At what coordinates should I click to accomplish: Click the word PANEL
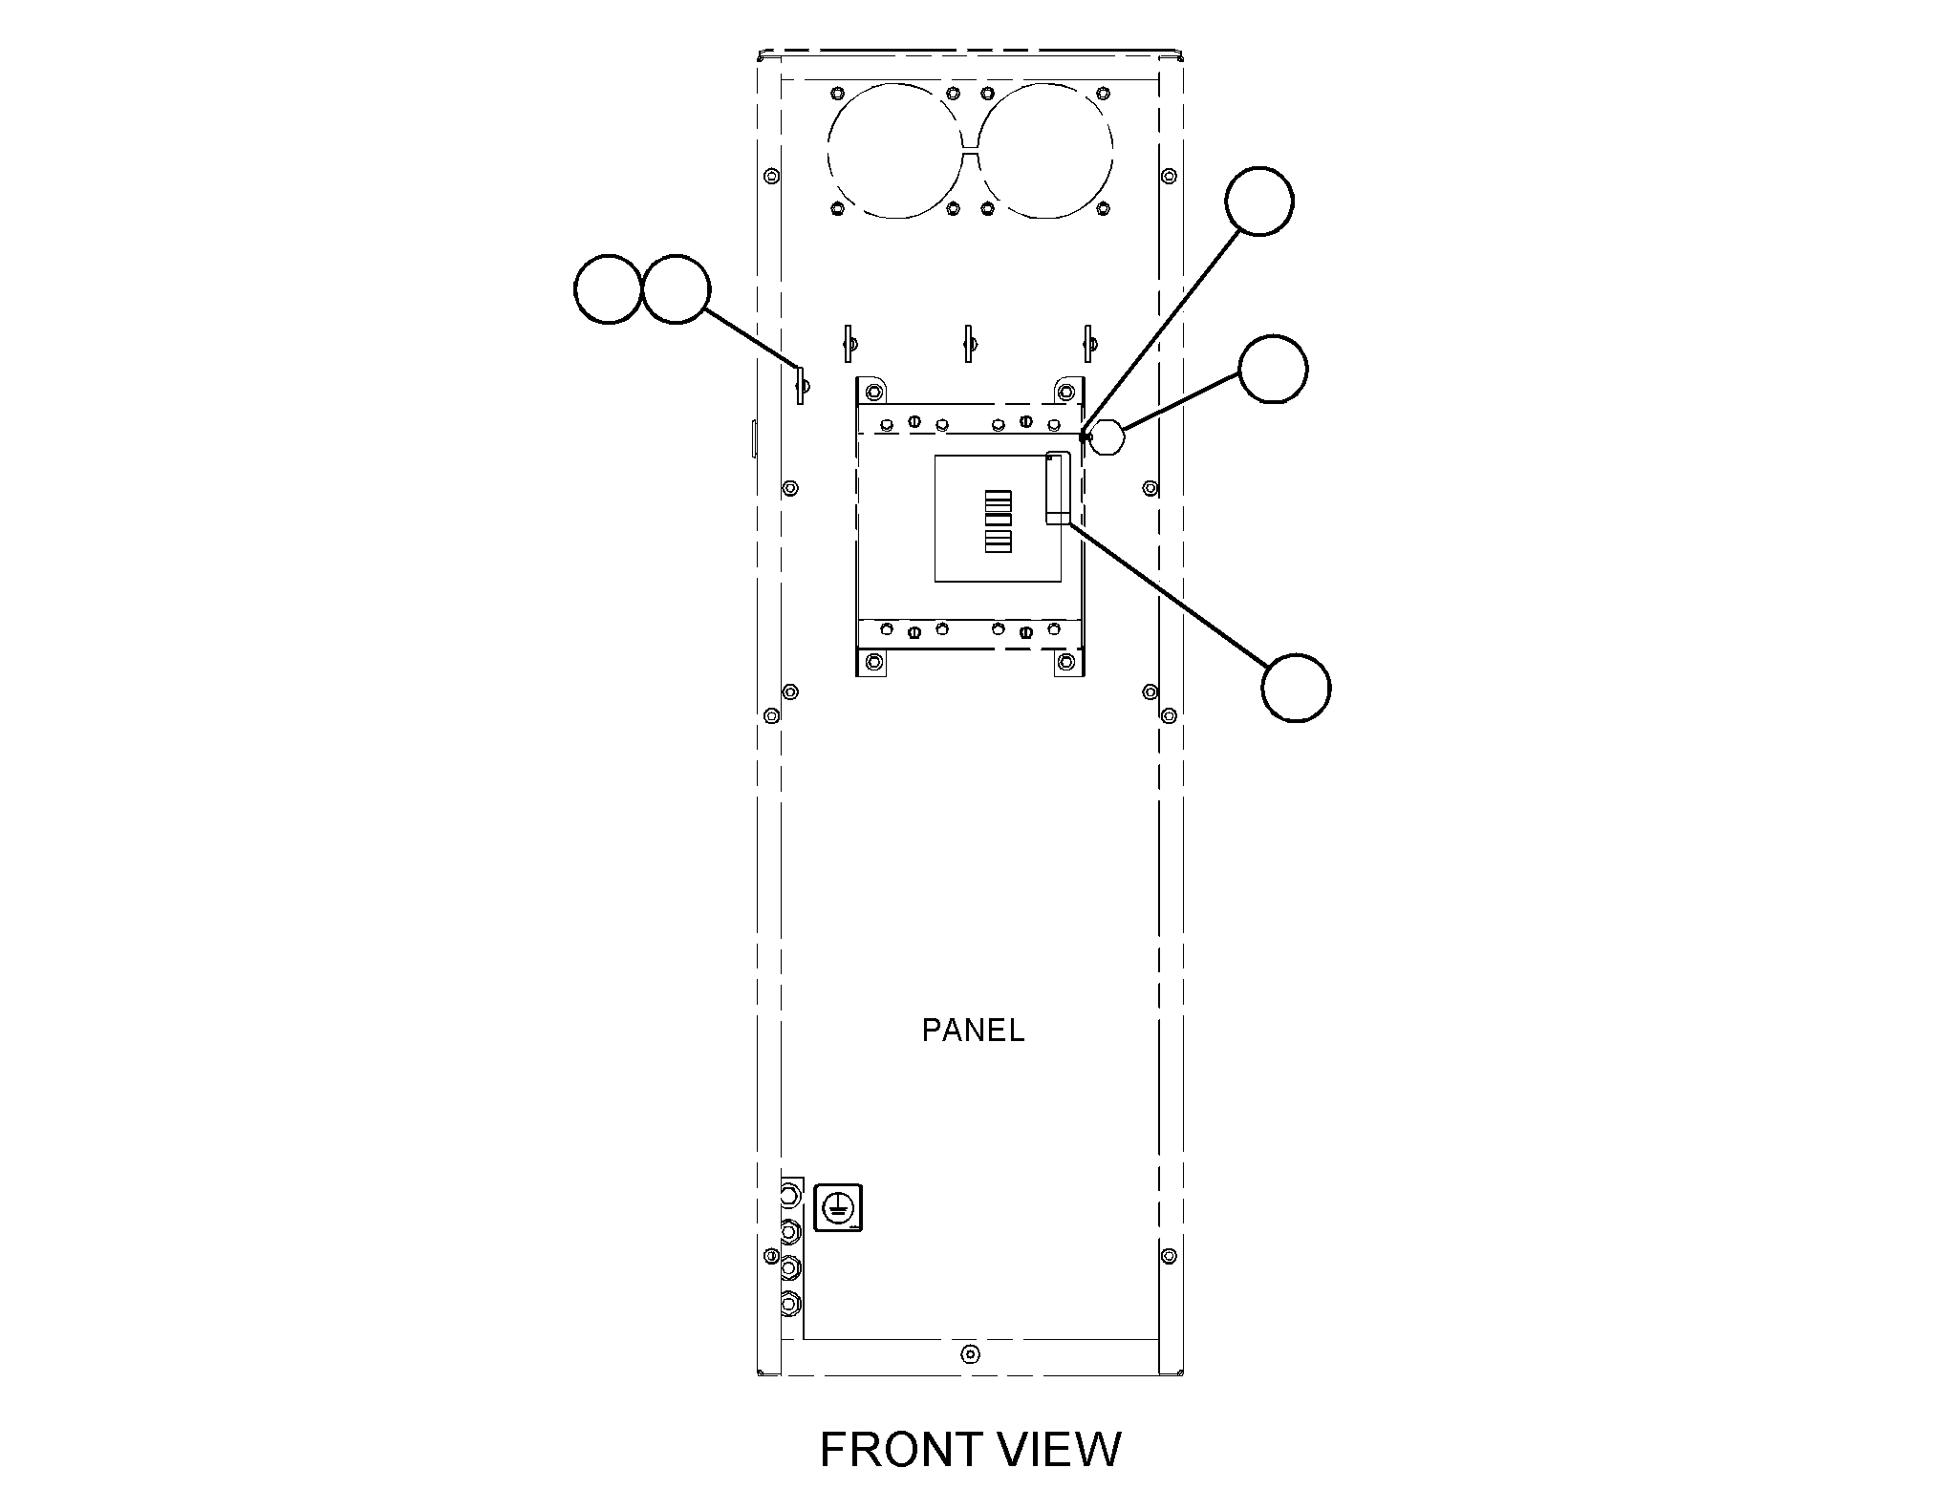coord(973,1031)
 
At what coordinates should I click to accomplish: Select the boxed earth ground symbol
coord(838,1207)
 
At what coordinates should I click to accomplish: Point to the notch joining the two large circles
coord(970,151)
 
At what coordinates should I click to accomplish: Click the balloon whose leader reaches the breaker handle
coord(1296,688)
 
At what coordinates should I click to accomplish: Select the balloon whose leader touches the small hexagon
coord(1273,369)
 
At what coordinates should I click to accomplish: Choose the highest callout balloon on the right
coord(1259,201)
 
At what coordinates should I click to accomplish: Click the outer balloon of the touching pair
coord(608,288)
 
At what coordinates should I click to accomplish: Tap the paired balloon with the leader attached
coord(676,288)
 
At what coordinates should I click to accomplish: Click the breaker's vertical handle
coord(1058,489)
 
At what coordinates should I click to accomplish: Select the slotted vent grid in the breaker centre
coord(998,521)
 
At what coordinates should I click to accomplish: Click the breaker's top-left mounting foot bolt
coord(872,394)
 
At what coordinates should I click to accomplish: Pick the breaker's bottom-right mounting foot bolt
coord(1068,661)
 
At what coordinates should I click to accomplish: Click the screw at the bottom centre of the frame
coord(970,1353)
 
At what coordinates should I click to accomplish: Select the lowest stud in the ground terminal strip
coord(790,1303)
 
